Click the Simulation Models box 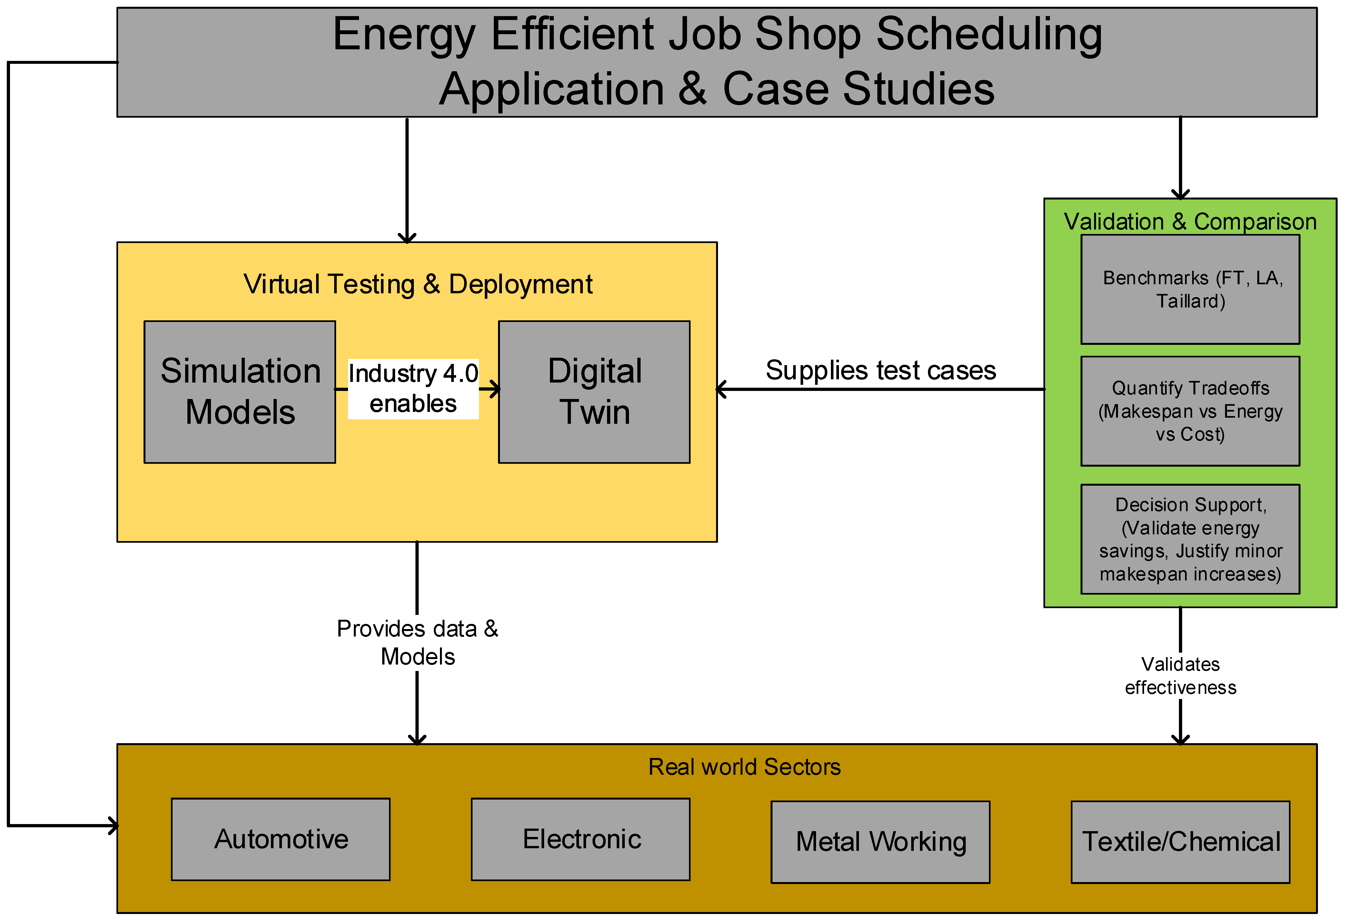[239, 392]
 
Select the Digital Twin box [594, 392]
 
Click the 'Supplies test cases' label [880, 370]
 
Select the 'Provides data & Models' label [417, 642]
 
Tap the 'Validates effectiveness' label [1180, 675]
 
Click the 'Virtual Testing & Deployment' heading [418, 284]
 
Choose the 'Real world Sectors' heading [744, 767]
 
